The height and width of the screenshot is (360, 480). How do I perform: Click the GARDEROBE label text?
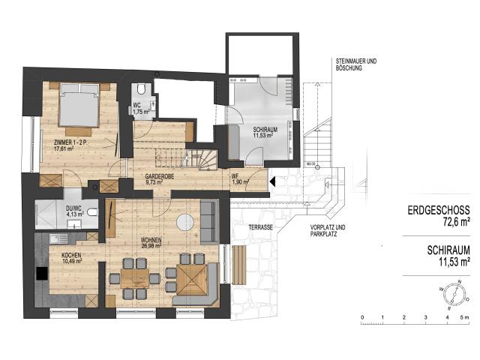click(x=160, y=178)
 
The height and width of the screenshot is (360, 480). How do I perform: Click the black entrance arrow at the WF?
click(x=272, y=181)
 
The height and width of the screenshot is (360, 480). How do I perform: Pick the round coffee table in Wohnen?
click(x=184, y=222)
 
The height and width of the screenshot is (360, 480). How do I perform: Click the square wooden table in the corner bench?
click(x=193, y=277)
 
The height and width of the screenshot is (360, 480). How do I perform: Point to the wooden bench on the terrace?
click(x=240, y=265)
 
